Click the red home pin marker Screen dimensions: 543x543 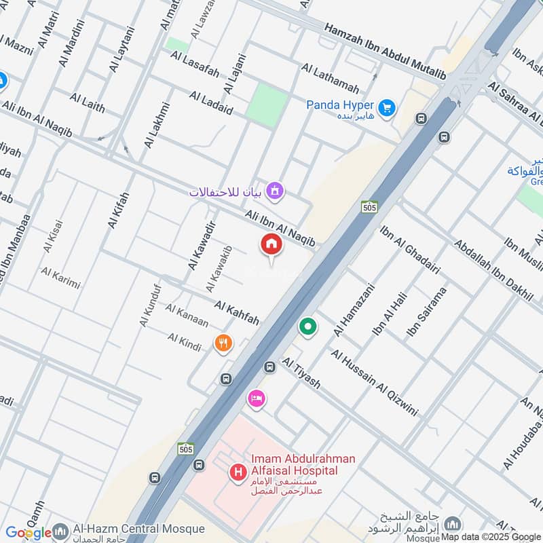[271, 245]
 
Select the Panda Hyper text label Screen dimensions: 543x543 [340, 105]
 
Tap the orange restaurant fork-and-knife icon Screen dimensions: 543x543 [223, 343]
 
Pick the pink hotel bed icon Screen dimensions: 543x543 [256, 398]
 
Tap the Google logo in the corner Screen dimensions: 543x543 [29, 533]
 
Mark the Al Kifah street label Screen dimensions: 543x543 [118, 209]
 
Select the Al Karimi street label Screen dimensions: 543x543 [60, 278]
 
